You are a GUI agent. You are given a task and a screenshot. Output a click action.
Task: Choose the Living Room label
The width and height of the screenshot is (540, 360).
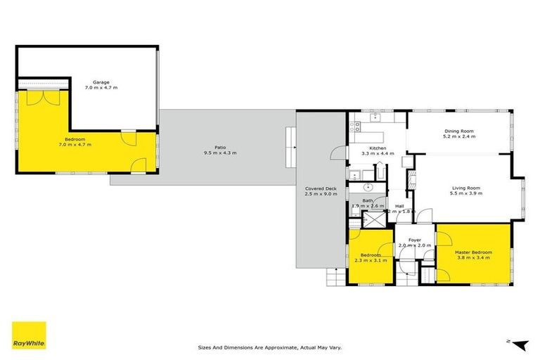pyautogui.click(x=465, y=188)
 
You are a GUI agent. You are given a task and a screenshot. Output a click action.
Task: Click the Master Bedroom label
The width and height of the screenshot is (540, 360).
pyautogui.click(x=472, y=252)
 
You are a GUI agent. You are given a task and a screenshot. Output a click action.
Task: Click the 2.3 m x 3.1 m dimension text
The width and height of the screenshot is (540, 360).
pyautogui.click(x=371, y=260)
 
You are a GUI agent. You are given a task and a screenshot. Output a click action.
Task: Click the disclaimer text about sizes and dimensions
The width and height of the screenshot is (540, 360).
pyautogui.click(x=270, y=347)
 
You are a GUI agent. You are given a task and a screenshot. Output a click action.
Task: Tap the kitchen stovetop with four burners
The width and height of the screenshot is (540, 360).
pyautogui.click(x=355, y=127)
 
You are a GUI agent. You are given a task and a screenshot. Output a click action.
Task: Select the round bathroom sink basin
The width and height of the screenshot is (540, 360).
pyautogui.click(x=367, y=188)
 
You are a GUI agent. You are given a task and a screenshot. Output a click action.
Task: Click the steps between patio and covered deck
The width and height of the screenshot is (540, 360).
pyautogui.click(x=290, y=139)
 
